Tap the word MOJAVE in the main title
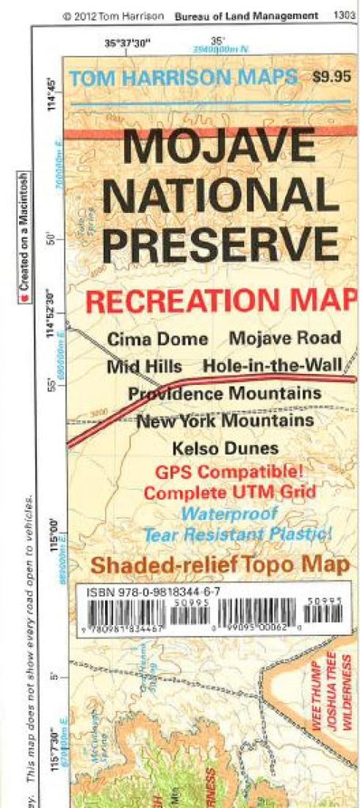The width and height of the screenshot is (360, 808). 208,147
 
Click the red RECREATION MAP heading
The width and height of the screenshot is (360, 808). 220,301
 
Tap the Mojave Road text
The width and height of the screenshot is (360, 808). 285,339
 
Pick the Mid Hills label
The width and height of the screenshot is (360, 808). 144,366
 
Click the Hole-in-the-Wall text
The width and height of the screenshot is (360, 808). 272,366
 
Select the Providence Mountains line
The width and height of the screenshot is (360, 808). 225,393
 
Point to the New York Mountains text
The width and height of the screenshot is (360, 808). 225,421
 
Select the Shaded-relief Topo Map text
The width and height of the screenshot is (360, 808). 219,564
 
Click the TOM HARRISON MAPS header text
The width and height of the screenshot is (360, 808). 183,77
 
